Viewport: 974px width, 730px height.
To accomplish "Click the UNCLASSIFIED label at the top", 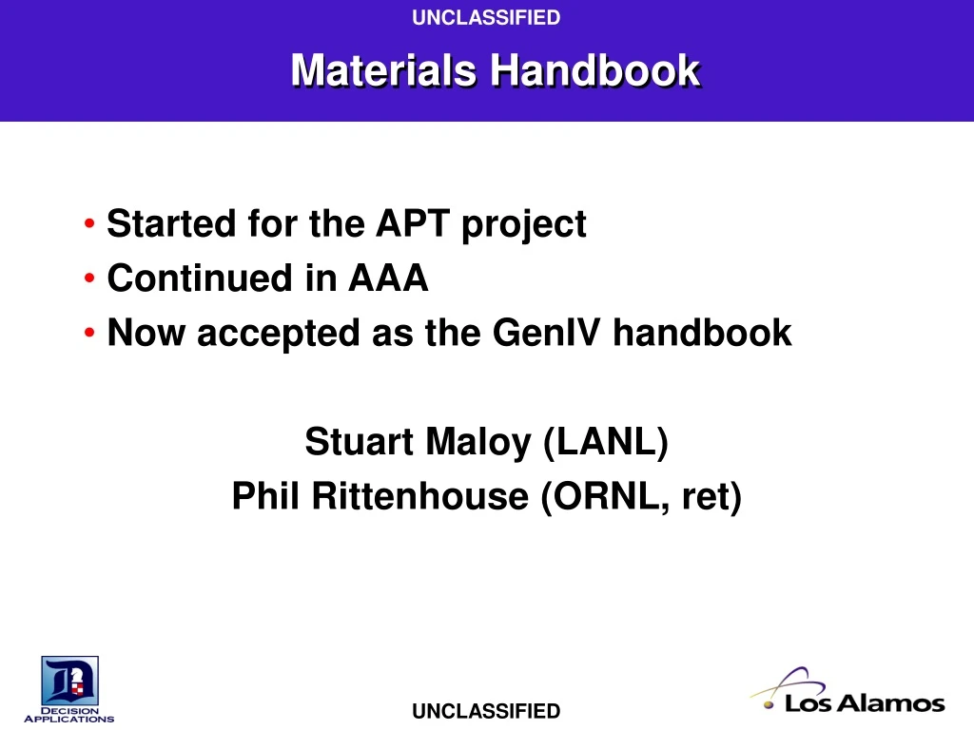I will point(486,17).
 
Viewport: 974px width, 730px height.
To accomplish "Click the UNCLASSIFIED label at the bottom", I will point(486,711).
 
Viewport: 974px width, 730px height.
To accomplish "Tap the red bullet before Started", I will point(88,225).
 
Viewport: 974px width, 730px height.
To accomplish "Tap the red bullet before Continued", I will point(88,279).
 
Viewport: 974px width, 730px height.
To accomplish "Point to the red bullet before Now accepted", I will point(88,334).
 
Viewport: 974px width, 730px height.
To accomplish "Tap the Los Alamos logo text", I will point(864,704).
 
